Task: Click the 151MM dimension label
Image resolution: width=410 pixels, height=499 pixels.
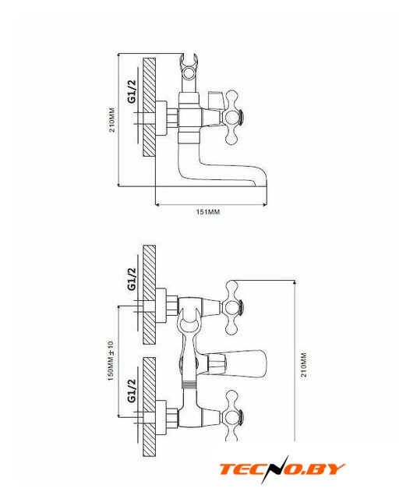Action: [x=207, y=211]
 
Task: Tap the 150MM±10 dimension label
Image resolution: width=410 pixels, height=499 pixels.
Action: [x=111, y=361]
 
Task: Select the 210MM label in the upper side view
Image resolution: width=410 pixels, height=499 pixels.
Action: [x=112, y=120]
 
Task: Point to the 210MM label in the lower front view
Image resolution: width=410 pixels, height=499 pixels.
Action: [x=304, y=365]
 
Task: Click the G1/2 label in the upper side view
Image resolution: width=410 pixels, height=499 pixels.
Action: [x=132, y=91]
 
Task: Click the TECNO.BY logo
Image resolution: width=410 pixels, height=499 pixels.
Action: [x=282, y=469]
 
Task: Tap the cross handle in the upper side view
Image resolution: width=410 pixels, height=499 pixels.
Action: [x=235, y=116]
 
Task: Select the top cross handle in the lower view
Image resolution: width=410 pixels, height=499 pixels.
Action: [x=235, y=307]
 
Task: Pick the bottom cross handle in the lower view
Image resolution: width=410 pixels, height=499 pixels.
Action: [x=235, y=416]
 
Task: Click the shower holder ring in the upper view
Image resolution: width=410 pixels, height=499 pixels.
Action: [x=189, y=72]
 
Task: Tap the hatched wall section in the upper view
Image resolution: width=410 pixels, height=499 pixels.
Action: [x=149, y=107]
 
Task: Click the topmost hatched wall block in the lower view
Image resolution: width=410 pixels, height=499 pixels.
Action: [x=149, y=295]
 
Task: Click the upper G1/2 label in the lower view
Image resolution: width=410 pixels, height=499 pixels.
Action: [x=132, y=279]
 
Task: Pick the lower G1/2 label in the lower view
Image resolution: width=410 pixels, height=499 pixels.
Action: [x=132, y=391]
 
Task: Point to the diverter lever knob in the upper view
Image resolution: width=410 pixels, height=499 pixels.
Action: [x=216, y=100]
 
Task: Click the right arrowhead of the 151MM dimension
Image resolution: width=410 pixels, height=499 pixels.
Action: [x=264, y=205]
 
